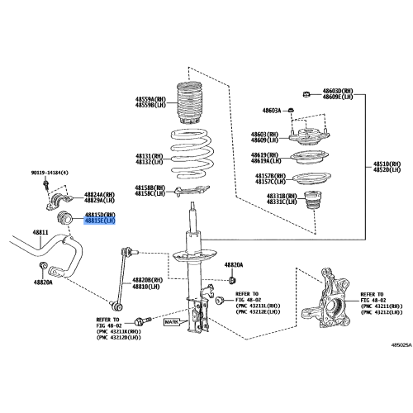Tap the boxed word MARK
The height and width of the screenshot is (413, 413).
tap(171, 324)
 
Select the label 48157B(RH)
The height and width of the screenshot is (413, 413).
tap(270, 175)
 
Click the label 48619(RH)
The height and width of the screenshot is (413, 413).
tap(270, 154)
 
